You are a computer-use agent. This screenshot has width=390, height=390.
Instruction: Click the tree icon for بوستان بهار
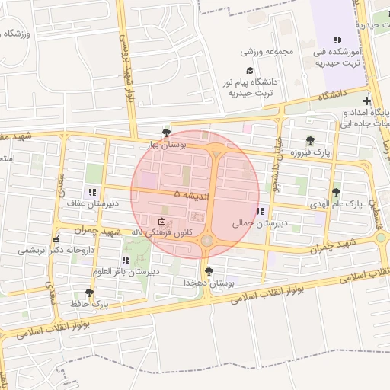tap(167, 133)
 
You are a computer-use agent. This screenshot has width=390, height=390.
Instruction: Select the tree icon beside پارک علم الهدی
tap(336, 192)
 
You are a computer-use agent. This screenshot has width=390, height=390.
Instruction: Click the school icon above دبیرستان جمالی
tap(261, 211)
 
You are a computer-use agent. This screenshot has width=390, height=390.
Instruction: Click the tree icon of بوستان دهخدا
tap(208, 271)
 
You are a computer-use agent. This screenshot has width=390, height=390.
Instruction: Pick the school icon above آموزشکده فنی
tap(337, 40)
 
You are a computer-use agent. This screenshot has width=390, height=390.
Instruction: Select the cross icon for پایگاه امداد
tap(367, 101)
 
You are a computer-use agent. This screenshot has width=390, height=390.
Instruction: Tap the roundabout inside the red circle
tap(207, 241)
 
